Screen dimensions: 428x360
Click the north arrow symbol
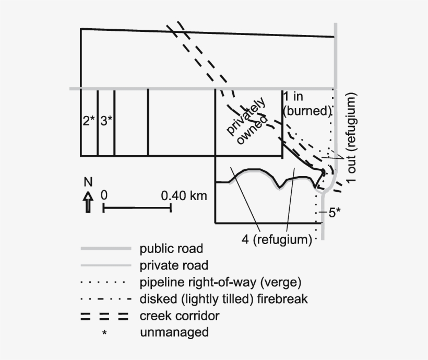point(88,202)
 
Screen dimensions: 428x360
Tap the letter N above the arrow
point(88,182)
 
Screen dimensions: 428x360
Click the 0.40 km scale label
point(184,196)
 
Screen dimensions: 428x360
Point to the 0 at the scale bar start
point(104,195)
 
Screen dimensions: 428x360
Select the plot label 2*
point(89,121)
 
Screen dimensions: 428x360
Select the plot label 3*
point(106,121)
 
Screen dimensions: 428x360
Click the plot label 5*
point(335,213)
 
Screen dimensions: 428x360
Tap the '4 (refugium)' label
point(277,239)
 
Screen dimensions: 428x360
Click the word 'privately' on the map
point(246,115)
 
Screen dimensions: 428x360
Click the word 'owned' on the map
point(252,130)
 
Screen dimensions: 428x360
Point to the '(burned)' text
point(307,111)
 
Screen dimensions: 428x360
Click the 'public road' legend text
point(171,249)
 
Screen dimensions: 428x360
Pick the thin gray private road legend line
point(106,265)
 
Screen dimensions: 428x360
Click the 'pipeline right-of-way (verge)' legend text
point(221,282)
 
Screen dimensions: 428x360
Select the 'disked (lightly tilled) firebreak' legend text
point(224,299)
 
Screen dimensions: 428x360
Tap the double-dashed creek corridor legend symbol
point(104,316)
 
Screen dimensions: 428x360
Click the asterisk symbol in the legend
point(104,333)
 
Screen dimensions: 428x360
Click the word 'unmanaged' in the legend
point(174,332)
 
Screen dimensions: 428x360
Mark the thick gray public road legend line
point(106,249)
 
